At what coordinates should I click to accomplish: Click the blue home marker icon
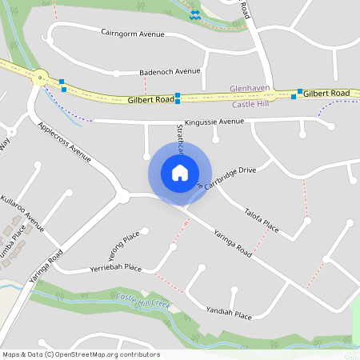click(180, 172)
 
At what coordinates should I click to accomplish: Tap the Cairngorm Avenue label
click(133, 34)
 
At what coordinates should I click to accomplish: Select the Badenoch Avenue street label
click(170, 71)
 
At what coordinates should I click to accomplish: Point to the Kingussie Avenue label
click(213, 122)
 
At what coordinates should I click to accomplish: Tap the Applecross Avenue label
click(65, 142)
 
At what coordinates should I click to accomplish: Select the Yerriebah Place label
click(116, 268)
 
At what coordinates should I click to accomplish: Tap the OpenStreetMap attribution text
click(80, 354)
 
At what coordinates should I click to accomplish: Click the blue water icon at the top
click(194, 14)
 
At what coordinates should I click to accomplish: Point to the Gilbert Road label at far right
click(326, 94)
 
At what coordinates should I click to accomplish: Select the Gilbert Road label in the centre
click(150, 100)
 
